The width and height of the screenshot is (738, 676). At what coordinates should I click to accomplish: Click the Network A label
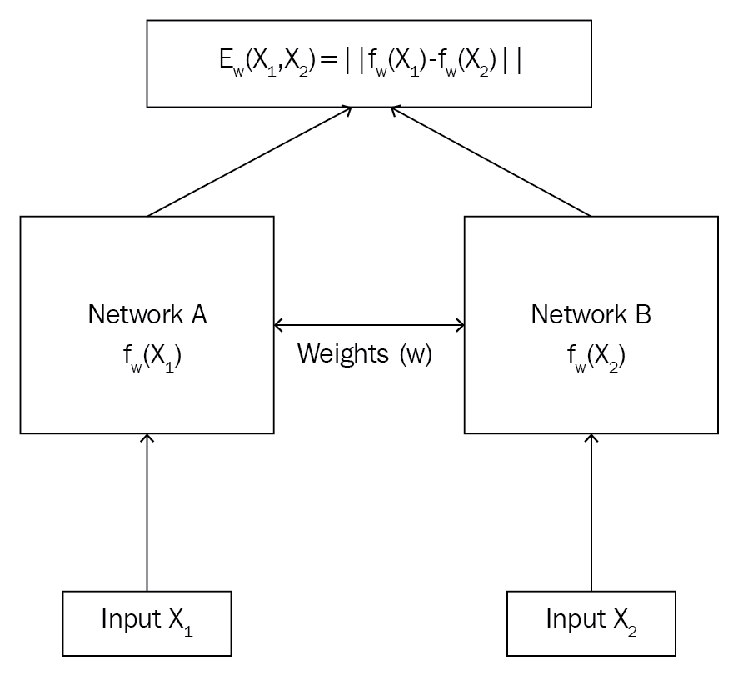click(x=147, y=314)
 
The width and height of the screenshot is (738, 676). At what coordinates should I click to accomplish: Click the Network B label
click(x=591, y=314)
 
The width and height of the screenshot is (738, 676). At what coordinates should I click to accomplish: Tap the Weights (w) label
click(x=365, y=353)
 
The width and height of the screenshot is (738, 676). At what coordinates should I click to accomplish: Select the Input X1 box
click(x=147, y=622)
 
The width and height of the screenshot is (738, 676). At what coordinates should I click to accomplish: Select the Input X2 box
click(x=591, y=622)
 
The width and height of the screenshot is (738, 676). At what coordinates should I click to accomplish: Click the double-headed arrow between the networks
click(x=369, y=324)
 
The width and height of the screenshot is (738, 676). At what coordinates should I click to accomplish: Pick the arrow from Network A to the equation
click(x=250, y=162)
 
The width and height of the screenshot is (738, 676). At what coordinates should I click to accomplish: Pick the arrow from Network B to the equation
click(x=491, y=162)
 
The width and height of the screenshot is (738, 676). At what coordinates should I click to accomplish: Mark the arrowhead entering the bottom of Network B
click(x=591, y=438)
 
